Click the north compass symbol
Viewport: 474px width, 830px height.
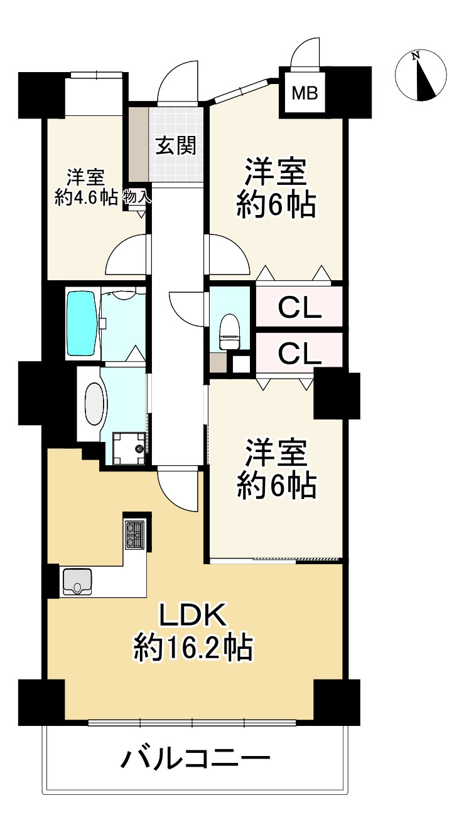pyautogui.click(x=421, y=75)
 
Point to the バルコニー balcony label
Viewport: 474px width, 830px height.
pyautogui.click(x=195, y=760)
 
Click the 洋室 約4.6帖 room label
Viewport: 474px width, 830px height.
pyautogui.click(x=87, y=187)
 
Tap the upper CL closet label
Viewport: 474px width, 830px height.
pyautogui.click(x=299, y=307)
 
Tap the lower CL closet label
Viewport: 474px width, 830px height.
pyautogui.click(x=299, y=354)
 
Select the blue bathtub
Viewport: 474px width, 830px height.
pyautogui.click(x=82, y=323)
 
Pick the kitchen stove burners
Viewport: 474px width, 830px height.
pyautogui.click(x=135, y=535)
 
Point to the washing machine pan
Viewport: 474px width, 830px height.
pyautogui.click(x=129, y=448)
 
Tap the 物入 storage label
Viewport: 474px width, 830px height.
pyautogui.click(x=137, y=196)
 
